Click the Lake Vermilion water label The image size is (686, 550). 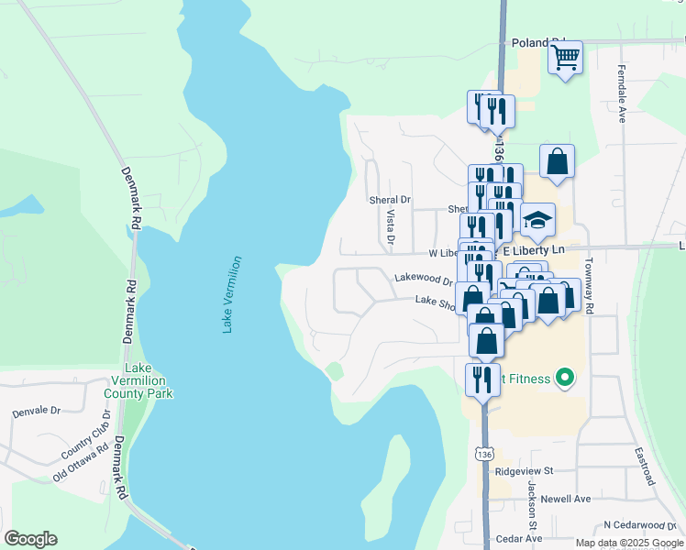(233, 294)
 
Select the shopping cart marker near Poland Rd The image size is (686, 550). (565, 58)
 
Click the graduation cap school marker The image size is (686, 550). (537, 220)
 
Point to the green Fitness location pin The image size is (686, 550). (565, 378)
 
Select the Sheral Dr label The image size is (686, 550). (392, 199)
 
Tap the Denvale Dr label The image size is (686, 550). (36, 412)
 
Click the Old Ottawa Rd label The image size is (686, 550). (87, 463)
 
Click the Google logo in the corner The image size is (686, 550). (30, 539)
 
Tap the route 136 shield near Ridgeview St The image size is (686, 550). (483, 454)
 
